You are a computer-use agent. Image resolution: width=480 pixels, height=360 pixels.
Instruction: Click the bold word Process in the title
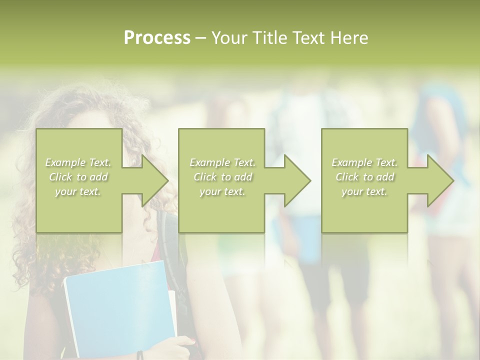click(x=157, y=38)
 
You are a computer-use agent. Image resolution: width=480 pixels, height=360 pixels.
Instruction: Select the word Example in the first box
click(x=65, y=162)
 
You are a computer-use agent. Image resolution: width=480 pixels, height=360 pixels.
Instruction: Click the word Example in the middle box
click(x=209, y=162)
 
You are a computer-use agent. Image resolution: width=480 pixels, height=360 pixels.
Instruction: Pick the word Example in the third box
click(x=351, y=162)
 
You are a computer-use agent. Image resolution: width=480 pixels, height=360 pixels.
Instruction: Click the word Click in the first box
click(x=60, y=177)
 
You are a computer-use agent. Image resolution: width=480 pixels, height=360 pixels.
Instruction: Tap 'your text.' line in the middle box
click(x=222, y=191)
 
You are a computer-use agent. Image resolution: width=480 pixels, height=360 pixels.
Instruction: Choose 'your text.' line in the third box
click(x=364, y=191)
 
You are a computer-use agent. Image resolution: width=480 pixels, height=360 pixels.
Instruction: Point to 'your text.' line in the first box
click(x=78, y=191)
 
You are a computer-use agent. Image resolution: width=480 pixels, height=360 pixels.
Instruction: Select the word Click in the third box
click(x=347, y=177)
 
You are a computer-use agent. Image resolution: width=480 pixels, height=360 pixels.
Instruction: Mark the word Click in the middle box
click(x=205, y=177)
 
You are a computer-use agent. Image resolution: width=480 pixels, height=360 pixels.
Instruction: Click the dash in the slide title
click(x=200, y=38)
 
